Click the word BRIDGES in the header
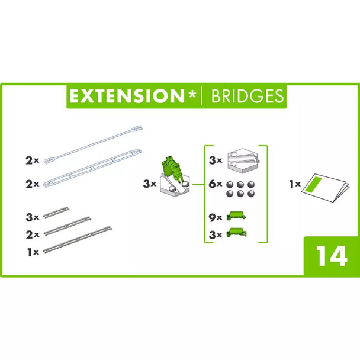click(244, 97)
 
